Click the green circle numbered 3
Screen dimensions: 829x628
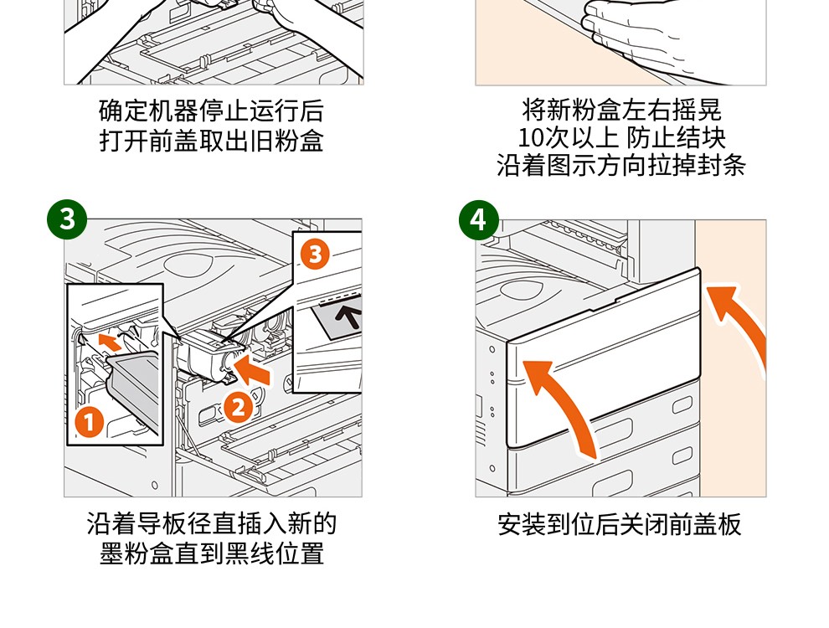pos(67,219)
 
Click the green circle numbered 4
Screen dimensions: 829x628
pos(478,219)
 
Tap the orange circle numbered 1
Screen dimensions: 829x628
pos(89,421)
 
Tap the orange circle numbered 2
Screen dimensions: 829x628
pos(239,408)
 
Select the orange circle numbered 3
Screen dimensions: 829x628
pos(315,255)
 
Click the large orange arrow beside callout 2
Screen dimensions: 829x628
pos(252,369)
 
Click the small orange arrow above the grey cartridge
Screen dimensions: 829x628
pos(111,341)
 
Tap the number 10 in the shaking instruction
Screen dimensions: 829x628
pos(531,138)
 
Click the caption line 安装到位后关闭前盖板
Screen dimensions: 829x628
pos(620,524)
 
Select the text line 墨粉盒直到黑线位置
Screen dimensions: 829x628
pos(212,553)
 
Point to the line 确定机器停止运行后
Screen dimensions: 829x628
pos(212,111)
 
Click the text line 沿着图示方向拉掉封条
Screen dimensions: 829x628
pos(621,166)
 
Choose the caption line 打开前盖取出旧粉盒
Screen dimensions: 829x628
pos(212,141)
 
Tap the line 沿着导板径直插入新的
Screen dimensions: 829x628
pos(212,524)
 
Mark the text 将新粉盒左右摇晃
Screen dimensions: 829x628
pos(621,110)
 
